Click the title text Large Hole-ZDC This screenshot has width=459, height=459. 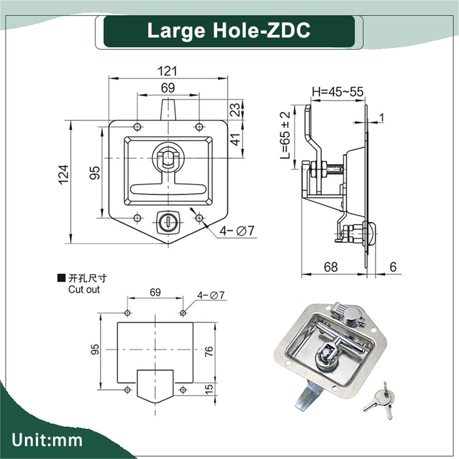[229, 31]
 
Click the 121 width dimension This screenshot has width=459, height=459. [167, 71]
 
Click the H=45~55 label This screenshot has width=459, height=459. [337, 92]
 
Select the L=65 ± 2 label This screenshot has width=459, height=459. [285, 135]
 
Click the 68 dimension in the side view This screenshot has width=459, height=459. [330, 267]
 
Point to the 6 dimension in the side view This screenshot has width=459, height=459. [393, 267]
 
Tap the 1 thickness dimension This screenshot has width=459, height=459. [381, 117]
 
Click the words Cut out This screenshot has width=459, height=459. [84, 289]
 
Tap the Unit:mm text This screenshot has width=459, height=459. [47, 440]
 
